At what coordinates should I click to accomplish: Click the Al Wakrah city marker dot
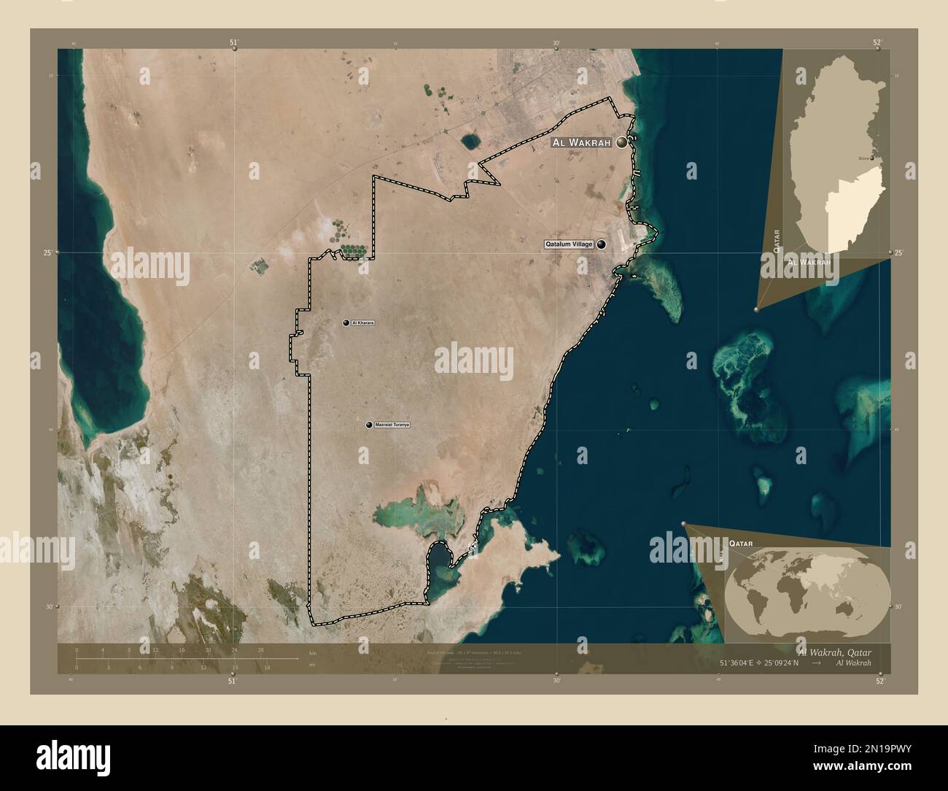[622, 144]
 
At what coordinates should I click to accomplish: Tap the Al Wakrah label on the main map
[582, 144]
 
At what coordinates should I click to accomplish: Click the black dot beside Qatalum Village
[602, 245]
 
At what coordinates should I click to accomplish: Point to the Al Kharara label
[362, 323]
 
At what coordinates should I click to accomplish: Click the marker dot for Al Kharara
[347, 323]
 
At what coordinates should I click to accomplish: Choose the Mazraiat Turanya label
[392, 424]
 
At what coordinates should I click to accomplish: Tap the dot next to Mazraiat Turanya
[370, 424]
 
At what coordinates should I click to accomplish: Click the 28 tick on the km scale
[260, 650]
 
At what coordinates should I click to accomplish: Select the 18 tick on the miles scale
[267, 667]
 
